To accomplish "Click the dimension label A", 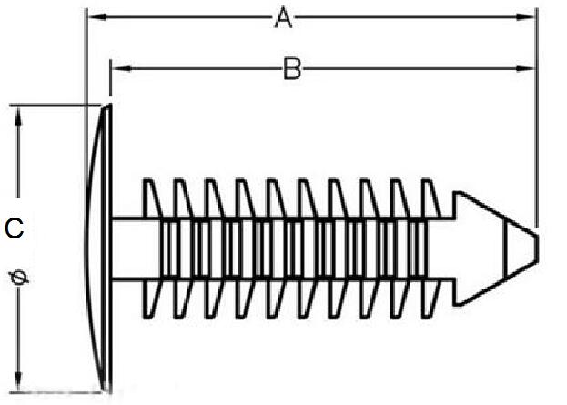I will click(283, 17).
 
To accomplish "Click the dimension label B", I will click(291, 68).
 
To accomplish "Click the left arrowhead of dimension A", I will click(92, 16).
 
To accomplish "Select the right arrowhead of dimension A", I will click(528, 16).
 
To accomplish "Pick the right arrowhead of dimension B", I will click(528, 67).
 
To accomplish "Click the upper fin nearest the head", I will click(152, 198).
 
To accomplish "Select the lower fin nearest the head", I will click(152, 297).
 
